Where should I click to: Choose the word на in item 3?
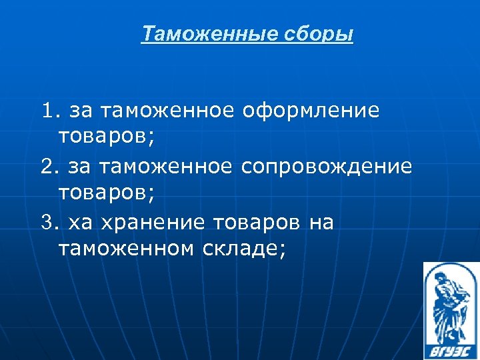pyautogui.click(x=322, y=221)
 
